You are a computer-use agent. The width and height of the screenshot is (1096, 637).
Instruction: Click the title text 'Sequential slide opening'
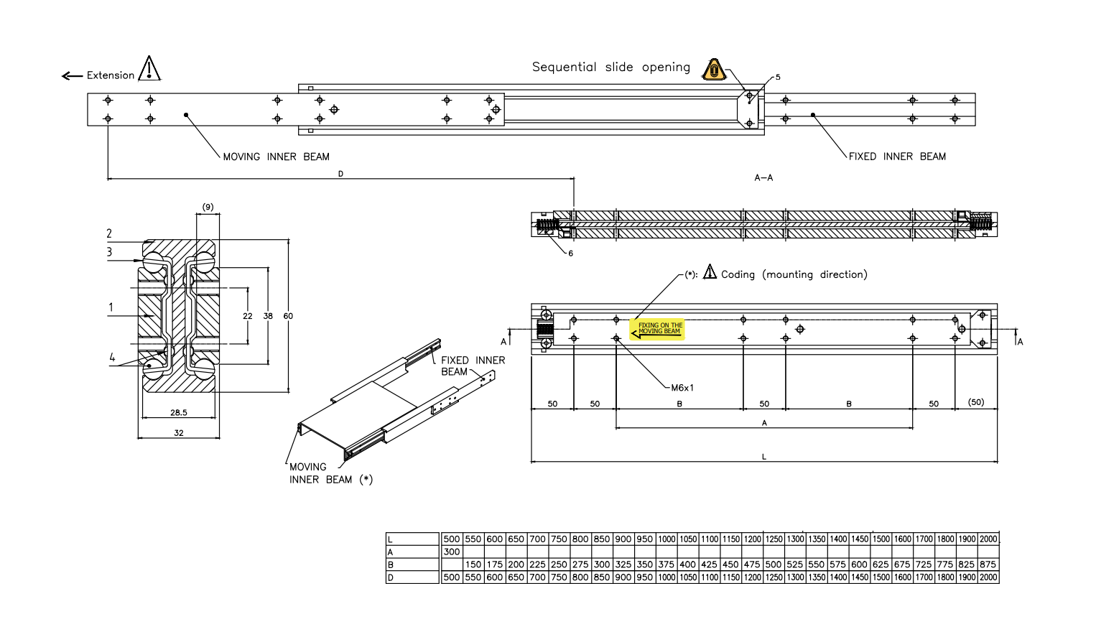click(610, 68)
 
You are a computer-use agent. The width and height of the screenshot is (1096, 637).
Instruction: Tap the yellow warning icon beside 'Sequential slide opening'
click(714, 70)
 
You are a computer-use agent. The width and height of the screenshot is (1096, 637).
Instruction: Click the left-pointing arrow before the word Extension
click(72, 76)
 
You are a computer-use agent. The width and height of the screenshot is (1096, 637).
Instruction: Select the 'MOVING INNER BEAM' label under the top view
click(276, 157)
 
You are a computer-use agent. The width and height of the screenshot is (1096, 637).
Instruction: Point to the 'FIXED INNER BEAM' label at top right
click(897, 157)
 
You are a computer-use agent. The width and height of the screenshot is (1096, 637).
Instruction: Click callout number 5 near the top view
click(778, 77)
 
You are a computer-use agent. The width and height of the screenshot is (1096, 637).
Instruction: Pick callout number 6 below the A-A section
click(571, 254)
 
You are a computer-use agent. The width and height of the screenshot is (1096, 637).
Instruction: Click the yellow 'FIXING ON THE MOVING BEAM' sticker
click(657, 329)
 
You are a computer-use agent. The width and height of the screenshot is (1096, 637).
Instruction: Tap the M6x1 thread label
click(682, 388)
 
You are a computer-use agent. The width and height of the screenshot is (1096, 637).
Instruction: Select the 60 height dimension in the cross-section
click(288, 316)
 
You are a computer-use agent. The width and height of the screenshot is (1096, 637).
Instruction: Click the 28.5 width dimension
click(179, 413)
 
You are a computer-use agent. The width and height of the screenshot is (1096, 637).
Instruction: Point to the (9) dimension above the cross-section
click(208, 208)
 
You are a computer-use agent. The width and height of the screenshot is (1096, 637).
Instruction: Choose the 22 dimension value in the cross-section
click(248, 316)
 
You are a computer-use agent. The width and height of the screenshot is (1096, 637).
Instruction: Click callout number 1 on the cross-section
click(111, 307)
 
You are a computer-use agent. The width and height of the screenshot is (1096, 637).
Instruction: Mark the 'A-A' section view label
click(763, 177)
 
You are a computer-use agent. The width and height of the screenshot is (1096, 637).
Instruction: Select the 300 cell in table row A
click(452, 552)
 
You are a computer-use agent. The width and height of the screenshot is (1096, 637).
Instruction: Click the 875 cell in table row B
click(988, 564)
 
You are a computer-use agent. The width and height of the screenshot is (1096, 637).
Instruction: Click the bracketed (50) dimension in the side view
click(976, 402)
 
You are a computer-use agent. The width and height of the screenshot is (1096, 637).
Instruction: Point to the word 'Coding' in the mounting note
click(738, 274)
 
